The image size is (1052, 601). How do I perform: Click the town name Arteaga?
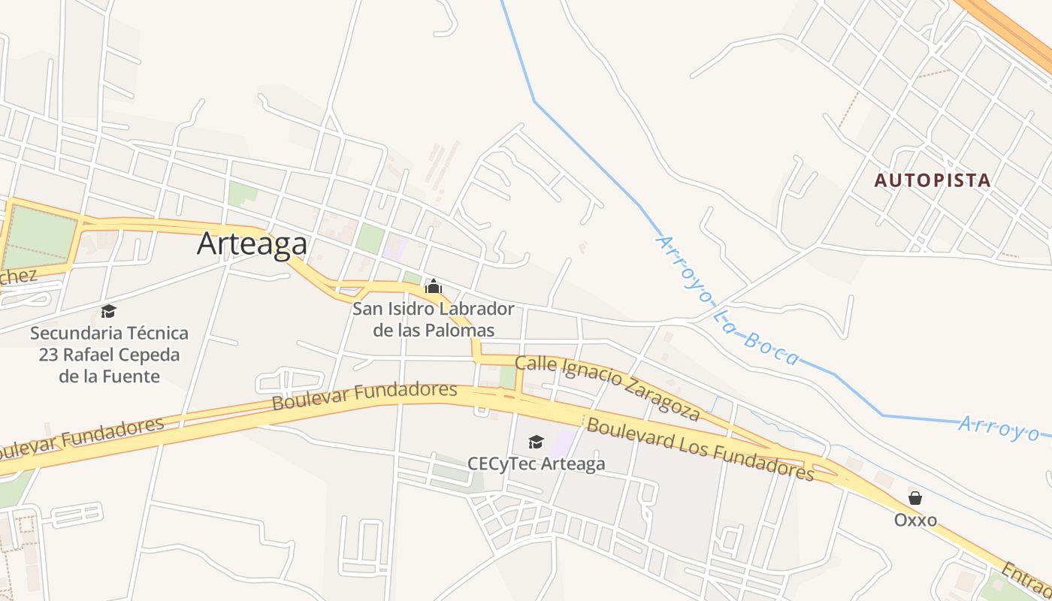(252, 244)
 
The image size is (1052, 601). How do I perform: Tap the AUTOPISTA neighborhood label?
(933, 180)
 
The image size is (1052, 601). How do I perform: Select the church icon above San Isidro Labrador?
(434, 286)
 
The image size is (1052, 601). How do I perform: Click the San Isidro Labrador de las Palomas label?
(434, 319)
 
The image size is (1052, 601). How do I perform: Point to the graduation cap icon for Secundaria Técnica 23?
(109, 311)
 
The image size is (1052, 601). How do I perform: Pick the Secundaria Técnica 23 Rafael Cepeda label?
(109, 354)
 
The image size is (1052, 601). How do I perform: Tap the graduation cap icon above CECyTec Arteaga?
(536, 442)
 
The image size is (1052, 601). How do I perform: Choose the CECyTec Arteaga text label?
(536, 464)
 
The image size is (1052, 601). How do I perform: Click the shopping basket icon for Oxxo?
(915, 497)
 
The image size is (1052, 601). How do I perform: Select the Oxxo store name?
(915, 519)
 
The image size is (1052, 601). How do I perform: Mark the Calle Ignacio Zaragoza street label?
(608, 388)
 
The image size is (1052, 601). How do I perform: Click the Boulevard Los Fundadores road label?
(700, 449)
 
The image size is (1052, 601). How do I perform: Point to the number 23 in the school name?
(50, 354)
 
